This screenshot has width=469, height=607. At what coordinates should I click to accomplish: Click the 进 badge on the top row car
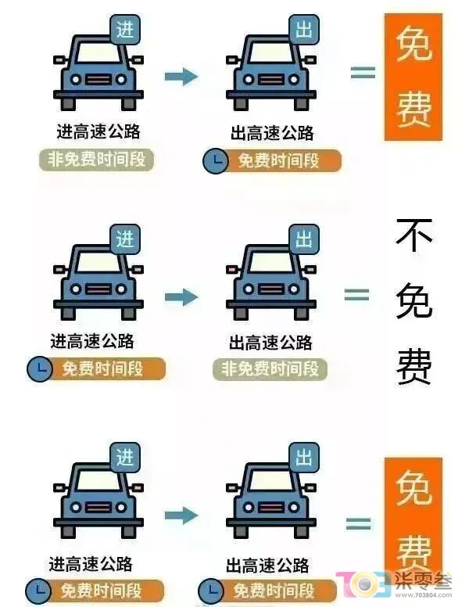125,30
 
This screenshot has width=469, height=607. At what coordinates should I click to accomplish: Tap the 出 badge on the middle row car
304,239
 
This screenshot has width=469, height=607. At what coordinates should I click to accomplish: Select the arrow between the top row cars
181,76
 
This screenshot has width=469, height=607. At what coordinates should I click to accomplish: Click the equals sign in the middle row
356,296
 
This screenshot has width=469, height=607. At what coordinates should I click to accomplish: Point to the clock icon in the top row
215,161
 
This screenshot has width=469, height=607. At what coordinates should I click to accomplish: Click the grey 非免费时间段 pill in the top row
97,160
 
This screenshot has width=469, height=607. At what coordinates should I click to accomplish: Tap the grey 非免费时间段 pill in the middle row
270,369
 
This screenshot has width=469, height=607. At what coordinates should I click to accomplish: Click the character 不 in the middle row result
414,235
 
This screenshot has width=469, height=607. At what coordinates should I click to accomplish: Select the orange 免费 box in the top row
414,77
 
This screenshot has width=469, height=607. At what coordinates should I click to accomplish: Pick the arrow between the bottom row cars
181,515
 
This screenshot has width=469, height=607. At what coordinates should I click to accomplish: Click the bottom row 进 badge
125,458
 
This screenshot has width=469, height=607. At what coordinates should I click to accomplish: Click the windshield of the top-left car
98,52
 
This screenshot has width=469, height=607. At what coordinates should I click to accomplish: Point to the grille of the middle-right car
271,289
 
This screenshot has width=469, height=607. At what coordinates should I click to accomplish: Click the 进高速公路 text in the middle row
92,341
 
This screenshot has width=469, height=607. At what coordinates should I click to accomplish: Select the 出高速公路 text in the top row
272,133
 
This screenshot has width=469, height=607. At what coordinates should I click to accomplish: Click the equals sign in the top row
363,73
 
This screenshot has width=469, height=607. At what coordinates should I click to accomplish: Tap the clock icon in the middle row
39,369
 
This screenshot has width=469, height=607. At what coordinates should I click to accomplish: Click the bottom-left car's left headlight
76,507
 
